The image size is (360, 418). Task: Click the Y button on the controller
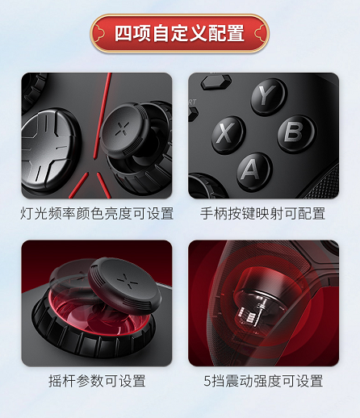point(269,96)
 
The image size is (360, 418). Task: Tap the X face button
point(228,135)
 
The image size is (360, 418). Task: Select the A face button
point(254,171)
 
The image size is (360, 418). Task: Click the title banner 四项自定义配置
point(179,33)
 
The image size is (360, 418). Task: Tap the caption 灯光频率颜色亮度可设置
point(97,213)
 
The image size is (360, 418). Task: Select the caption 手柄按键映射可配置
point(262,213)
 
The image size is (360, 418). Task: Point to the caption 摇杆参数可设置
point(97,381)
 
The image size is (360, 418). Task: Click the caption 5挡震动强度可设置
point(263,381)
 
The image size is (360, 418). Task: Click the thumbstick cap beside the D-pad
point(124,129)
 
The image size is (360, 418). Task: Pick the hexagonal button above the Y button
point(216,82)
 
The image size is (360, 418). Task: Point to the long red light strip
point(102,115)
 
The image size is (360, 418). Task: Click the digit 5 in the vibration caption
point(207,381)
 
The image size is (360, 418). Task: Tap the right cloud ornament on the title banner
point(260,34)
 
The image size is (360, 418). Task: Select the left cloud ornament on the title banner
point(99,34)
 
